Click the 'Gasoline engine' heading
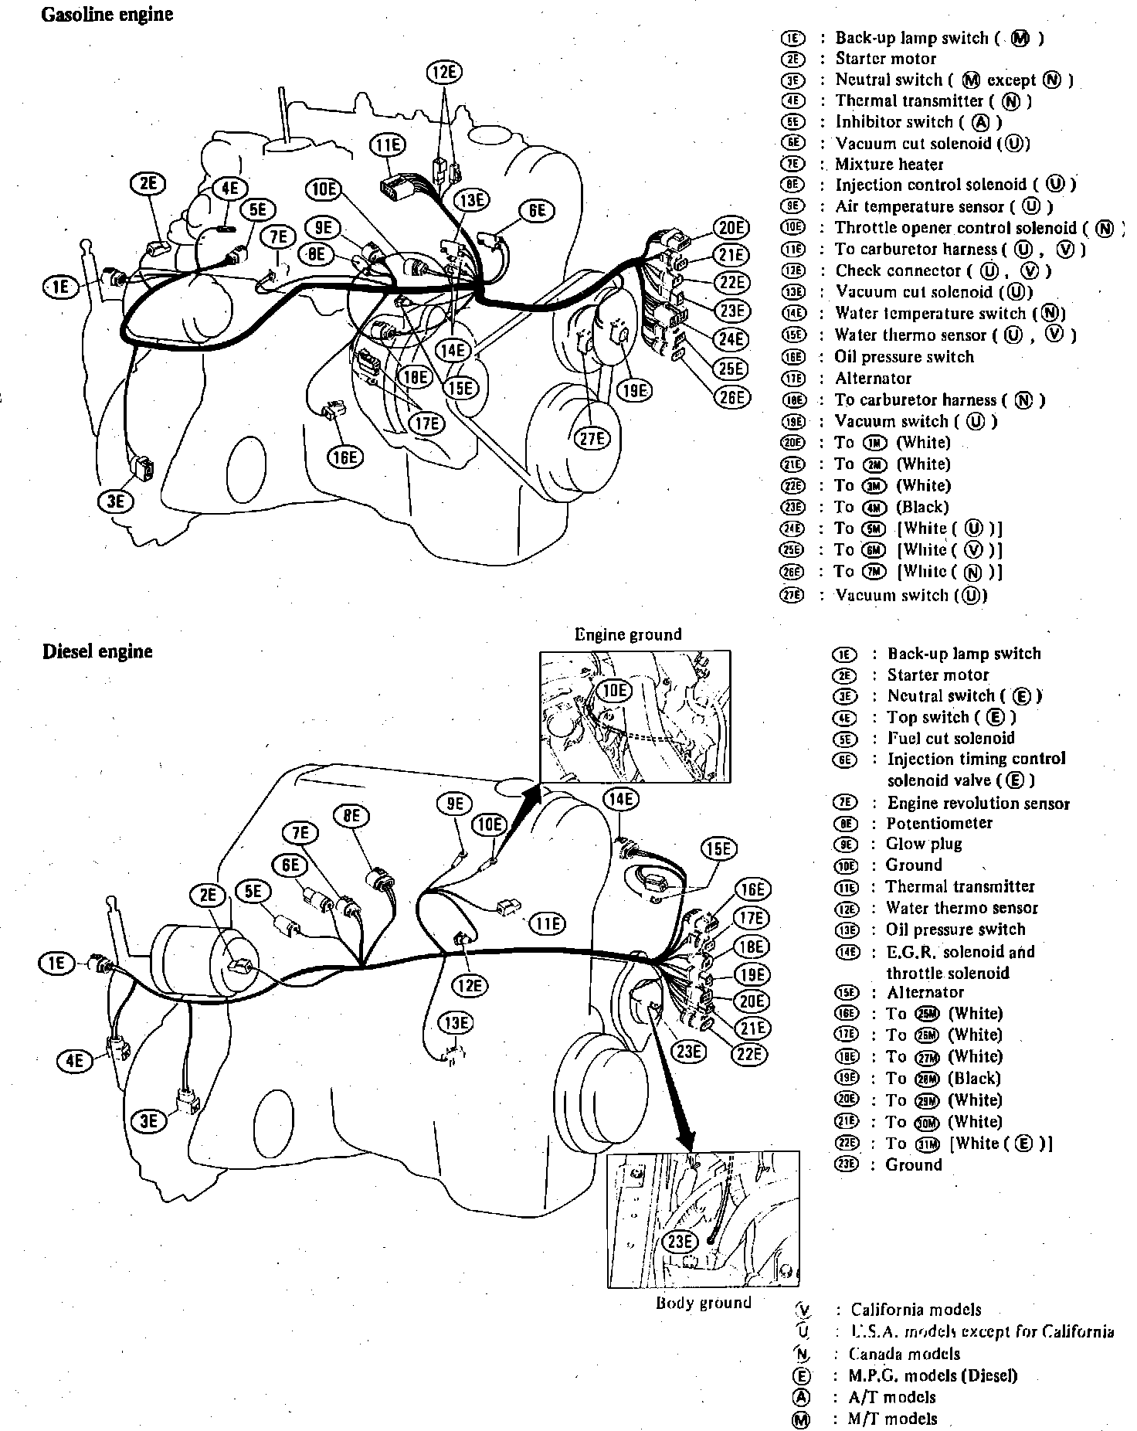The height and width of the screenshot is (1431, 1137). tap(107, 15)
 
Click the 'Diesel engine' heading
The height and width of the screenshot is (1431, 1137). tap(97, 651)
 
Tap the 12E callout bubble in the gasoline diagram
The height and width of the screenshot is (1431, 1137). tap(443, 73)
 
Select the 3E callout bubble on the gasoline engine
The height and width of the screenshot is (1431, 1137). tap(115, 501)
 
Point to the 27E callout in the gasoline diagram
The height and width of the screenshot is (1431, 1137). tap(592, 438)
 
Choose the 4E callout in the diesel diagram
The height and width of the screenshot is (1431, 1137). tap(74, 1060)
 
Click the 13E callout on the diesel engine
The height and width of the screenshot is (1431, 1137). tap(455, 1024)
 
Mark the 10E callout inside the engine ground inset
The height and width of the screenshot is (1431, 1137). tap(615, 690)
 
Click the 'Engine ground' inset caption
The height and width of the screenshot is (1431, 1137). tap(628, 635)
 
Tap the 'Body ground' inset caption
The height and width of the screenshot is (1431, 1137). tap(703, 1303)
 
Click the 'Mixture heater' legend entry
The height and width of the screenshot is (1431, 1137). tap(889, 164)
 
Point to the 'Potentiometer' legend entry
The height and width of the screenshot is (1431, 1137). tap(938, 823)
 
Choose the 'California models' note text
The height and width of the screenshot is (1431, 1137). tap(916, 1310)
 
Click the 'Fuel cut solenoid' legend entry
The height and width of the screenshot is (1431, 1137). tap(950, 738)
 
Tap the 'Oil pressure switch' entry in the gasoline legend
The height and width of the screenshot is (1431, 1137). tap(904, 357)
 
